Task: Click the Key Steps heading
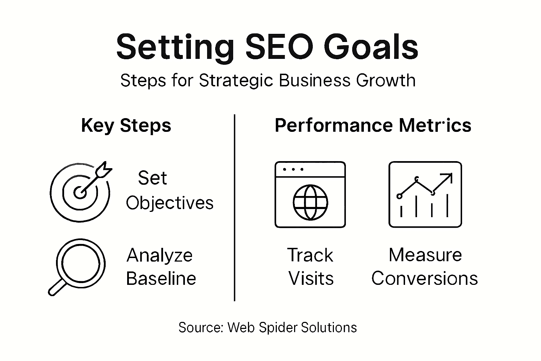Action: [126, 126]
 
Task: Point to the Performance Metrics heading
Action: [373, 126]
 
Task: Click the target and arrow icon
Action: [80, 192]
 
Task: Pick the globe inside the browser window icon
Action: [310, 202]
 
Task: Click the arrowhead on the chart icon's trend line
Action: [448, 177]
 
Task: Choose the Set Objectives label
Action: [169, 190]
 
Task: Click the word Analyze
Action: [160, 255]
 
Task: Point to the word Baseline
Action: [161, 279]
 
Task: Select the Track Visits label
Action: [310, 267]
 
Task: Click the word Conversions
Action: [424, 279]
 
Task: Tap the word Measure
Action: [425, 255]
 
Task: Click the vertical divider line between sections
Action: [235, 208]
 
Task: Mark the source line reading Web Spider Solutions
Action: [268, 328]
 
